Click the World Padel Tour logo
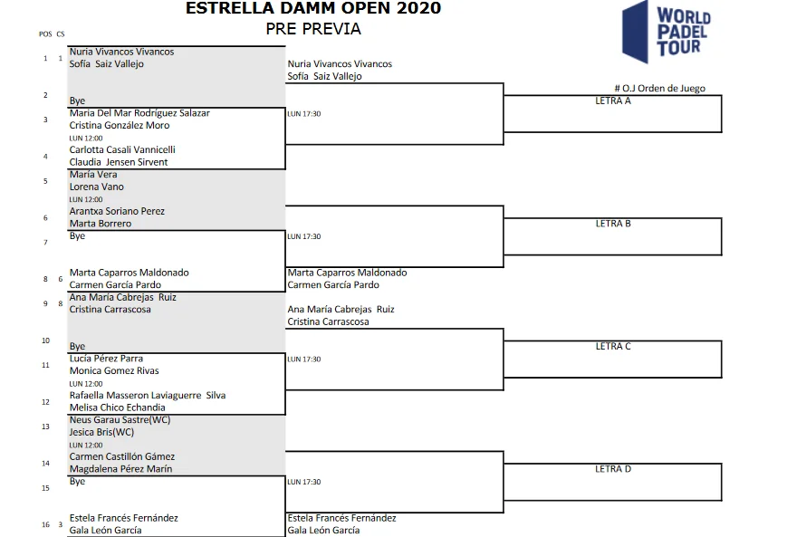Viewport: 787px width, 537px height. point(667,32)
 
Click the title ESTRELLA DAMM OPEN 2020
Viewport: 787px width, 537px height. point(313,8)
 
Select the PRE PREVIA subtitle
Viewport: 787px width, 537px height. point(313,29)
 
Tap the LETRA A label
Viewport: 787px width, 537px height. point(613,101)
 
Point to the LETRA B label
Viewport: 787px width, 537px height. point(613,224)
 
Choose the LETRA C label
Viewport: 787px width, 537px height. point(613,346)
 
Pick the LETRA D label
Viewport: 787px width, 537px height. point(613,469)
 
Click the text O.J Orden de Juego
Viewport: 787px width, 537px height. point(664,89)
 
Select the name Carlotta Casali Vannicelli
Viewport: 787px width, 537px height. point(122,149)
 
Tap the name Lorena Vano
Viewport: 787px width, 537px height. point(96,187)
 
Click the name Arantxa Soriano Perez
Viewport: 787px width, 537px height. point(117,211)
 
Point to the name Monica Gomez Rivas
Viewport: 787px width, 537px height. point(114,371)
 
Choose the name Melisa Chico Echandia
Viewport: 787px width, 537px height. point(117,408)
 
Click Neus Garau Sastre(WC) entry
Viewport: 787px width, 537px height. point(120,419)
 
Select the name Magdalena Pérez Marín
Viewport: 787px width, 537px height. point(120,469)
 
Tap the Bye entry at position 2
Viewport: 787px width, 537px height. point(77,101)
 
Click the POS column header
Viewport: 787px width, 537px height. point(45,34)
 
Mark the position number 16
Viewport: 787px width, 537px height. point(45,525)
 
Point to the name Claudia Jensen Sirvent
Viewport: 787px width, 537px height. point(119,162)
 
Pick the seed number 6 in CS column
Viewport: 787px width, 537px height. point(61,279)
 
